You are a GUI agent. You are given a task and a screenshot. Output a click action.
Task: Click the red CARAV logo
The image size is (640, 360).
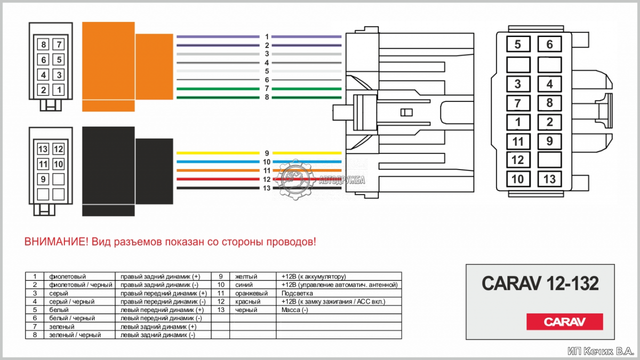(564, 321)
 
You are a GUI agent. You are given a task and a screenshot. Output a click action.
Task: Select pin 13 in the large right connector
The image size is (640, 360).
(549, 179)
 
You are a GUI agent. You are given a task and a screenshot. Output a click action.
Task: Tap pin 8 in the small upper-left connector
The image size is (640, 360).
(43, 44)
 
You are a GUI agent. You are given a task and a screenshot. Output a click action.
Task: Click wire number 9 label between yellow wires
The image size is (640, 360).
(267, 153)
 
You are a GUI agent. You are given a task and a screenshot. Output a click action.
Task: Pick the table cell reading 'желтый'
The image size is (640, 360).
(246, 276)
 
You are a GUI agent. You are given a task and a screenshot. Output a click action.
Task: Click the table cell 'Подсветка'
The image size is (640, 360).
(297, 293)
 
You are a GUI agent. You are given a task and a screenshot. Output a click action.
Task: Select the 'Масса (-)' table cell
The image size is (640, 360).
(294, 309)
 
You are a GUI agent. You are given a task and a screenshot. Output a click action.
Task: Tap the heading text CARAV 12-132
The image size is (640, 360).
(540, 283)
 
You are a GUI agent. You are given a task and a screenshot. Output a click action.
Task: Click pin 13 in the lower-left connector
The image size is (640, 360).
(43, 149)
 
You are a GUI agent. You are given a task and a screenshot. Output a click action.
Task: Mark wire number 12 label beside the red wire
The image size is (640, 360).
(266, 179)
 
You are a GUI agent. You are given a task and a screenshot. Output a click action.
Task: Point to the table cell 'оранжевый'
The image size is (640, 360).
(251, 293)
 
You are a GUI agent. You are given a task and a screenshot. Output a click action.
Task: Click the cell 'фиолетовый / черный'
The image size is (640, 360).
(80, 285)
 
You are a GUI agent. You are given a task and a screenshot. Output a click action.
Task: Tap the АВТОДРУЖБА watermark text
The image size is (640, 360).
(341, 180)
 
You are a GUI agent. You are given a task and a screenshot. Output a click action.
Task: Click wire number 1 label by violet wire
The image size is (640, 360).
(267, 37)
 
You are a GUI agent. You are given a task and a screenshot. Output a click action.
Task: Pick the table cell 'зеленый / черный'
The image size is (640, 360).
(75, 335)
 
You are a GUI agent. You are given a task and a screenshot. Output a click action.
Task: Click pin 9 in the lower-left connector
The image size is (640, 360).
(43, 179)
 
